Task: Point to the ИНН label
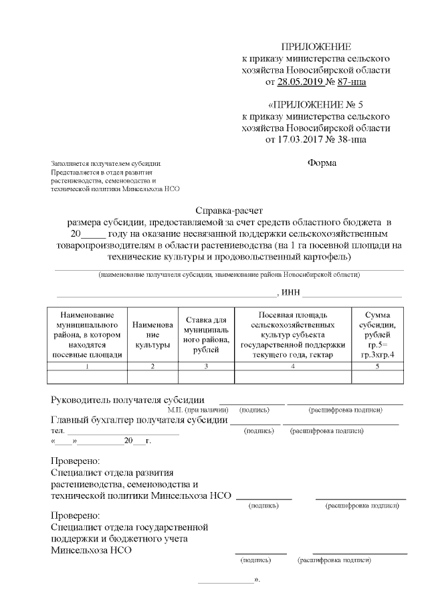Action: (291, 293)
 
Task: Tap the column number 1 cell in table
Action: (87, 366)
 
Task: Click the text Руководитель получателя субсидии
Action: (128, 400)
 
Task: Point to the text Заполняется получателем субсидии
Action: (106, 164)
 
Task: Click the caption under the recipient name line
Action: (229, 275)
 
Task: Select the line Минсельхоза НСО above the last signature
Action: (92, 550)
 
